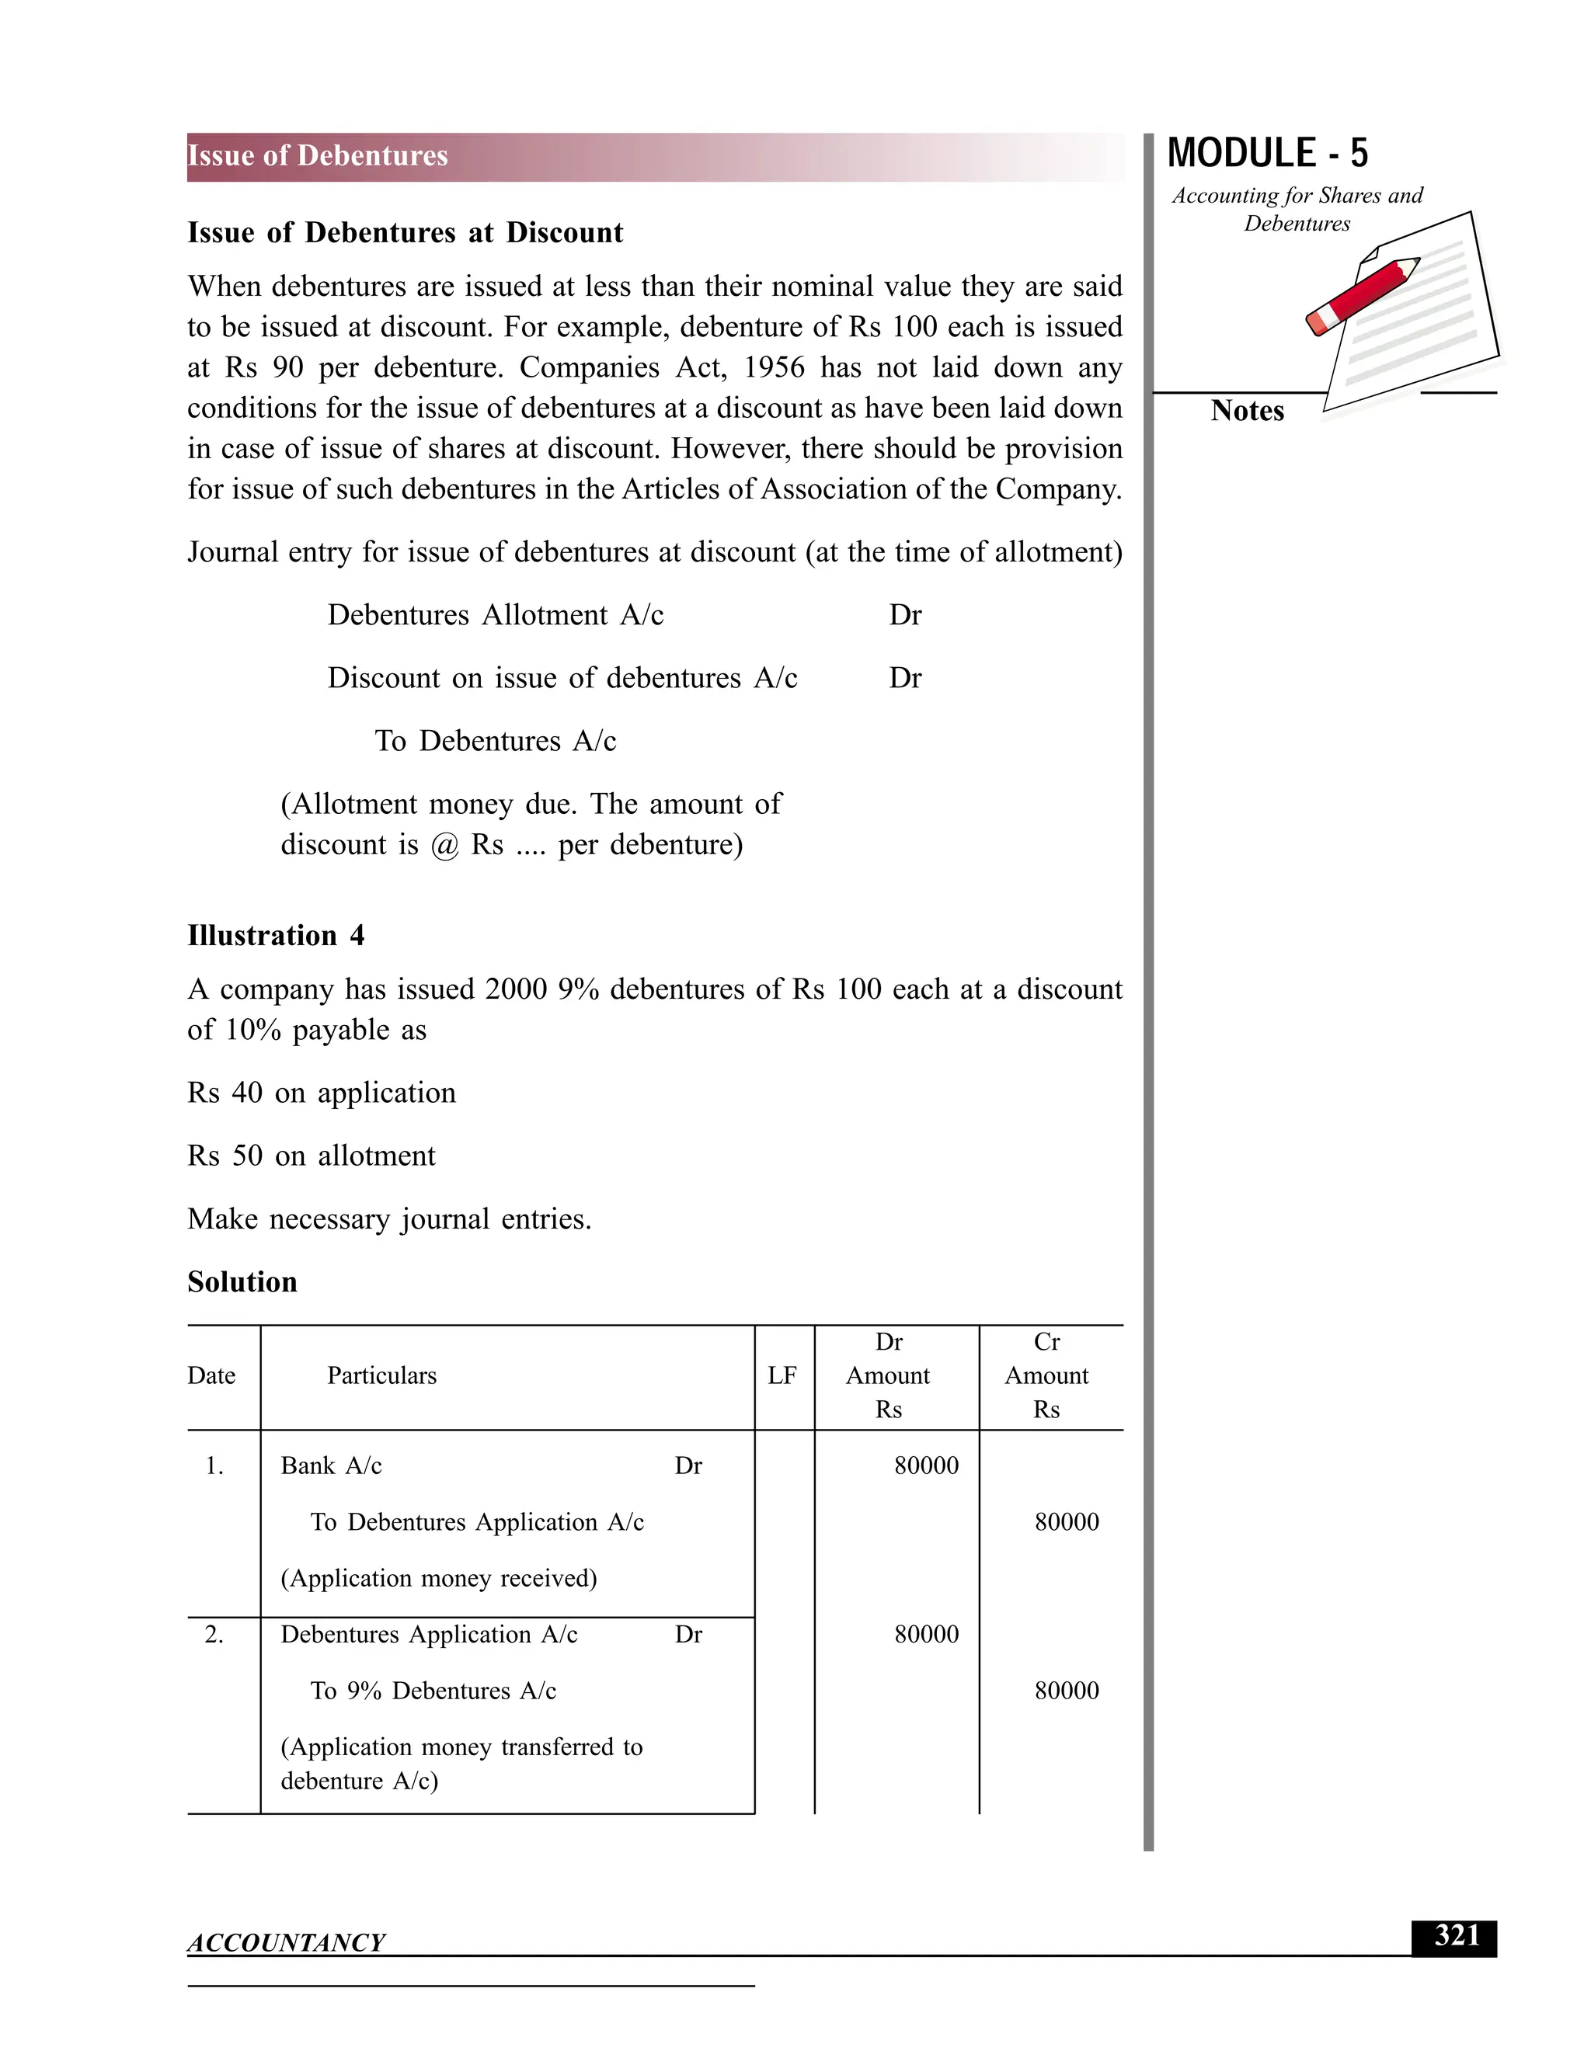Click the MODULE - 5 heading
[1267, 154]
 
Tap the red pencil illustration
[1363, 295]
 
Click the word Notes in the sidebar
[1247, 411]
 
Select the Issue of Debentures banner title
[318, 156]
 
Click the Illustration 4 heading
[275, 936]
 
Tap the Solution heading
[242, 1281]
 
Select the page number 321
[1457, 1935]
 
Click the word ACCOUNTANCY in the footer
[286, 1942]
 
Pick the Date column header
[211, 1376]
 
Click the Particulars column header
[381, 1376]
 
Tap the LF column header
[782, 1376]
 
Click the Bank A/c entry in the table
[331, 1466]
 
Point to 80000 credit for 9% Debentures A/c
[1066, 1691]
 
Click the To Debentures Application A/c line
[477, 1523]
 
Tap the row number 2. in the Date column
[214, 1635]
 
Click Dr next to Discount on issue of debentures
[905, 679]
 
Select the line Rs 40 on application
[322, 1093]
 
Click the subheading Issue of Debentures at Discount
[406, 233]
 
